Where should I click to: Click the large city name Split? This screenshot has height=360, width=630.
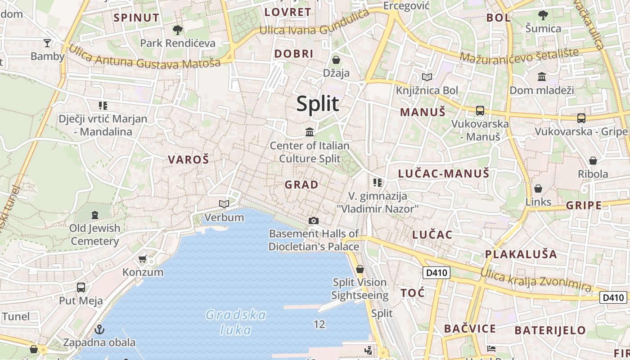(317, 103)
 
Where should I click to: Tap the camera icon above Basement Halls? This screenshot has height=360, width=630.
(314, 220)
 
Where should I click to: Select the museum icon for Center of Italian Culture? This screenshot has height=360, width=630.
(310, 132)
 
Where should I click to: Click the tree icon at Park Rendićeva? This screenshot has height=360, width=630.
(178, 30)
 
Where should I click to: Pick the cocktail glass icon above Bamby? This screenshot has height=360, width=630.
(47, 43)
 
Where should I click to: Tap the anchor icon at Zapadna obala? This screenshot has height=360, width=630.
(99, 329)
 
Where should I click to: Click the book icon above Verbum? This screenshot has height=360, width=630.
(224, 204)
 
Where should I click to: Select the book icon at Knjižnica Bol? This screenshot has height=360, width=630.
(427, 77)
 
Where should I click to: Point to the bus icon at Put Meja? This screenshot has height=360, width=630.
(81, 288)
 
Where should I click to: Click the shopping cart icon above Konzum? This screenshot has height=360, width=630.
(143, 259)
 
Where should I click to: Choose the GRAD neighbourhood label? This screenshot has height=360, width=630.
(301, 184)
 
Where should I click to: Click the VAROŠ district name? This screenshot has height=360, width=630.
(189, 159)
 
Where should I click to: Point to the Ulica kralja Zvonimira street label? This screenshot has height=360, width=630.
(535, 279)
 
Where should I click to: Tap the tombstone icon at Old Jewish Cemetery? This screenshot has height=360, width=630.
(94, 215)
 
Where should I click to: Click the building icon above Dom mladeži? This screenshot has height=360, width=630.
(542, 76)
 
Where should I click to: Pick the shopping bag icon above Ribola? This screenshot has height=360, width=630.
(593, 161)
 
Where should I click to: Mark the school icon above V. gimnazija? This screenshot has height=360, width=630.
(378, 183)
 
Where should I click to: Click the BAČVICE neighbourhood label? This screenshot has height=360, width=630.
(470, 328)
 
